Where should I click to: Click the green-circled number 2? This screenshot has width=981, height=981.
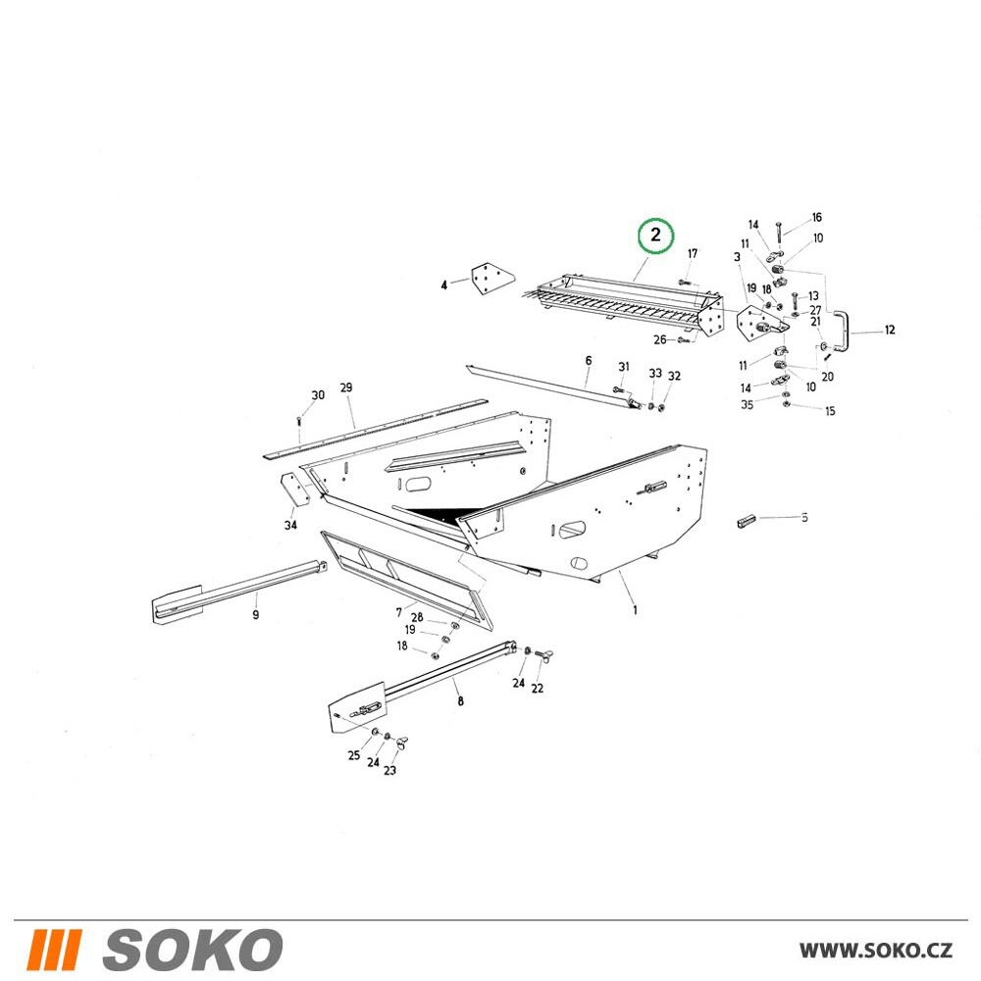point(655,235)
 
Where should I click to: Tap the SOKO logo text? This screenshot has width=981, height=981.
point(192,950)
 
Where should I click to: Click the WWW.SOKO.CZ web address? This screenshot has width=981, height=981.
point(876,950)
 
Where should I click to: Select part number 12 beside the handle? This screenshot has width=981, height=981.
point(890,330)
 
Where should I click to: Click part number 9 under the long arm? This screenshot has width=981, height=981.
point(255,615)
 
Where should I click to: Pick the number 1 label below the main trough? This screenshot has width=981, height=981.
point(635,609)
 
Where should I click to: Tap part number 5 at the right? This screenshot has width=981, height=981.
point(804,517)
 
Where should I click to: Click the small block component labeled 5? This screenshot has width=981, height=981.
point(747,521)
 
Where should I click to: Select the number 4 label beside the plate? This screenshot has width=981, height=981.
point(444,285)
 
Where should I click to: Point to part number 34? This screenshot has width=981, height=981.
point(290,525)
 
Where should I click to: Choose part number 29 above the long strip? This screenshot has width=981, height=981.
point(346,387)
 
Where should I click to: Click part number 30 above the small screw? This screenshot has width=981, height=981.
point(318,395)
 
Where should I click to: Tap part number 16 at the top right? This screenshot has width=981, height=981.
point(816,218)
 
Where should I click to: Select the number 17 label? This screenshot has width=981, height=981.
point(692,253)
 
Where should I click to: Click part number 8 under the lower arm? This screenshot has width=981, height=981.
point(460,700)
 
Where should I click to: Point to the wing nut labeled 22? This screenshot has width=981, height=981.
point(543,655)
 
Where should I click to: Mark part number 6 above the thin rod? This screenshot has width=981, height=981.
point(588,360)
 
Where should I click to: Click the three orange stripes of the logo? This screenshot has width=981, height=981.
point(54,950)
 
